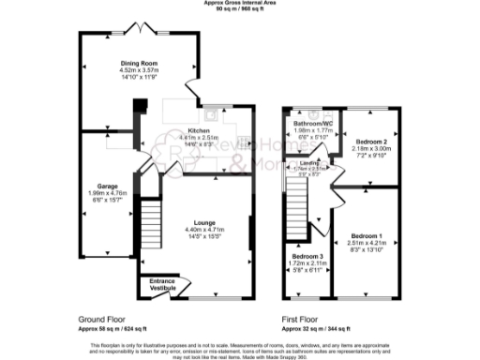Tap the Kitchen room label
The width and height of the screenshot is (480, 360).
[x=199, y=130]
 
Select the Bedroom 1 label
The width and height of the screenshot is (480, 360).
[x=367, y=234]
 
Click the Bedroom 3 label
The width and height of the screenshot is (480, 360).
[x=307, y=257]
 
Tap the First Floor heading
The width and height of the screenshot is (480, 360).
[x=302, y=320]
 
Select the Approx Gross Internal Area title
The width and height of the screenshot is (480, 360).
[x=239, y=3]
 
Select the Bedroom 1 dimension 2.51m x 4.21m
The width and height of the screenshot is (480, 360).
[x=367, y=242]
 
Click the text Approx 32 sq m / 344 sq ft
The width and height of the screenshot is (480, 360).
[x=316, y=328]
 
